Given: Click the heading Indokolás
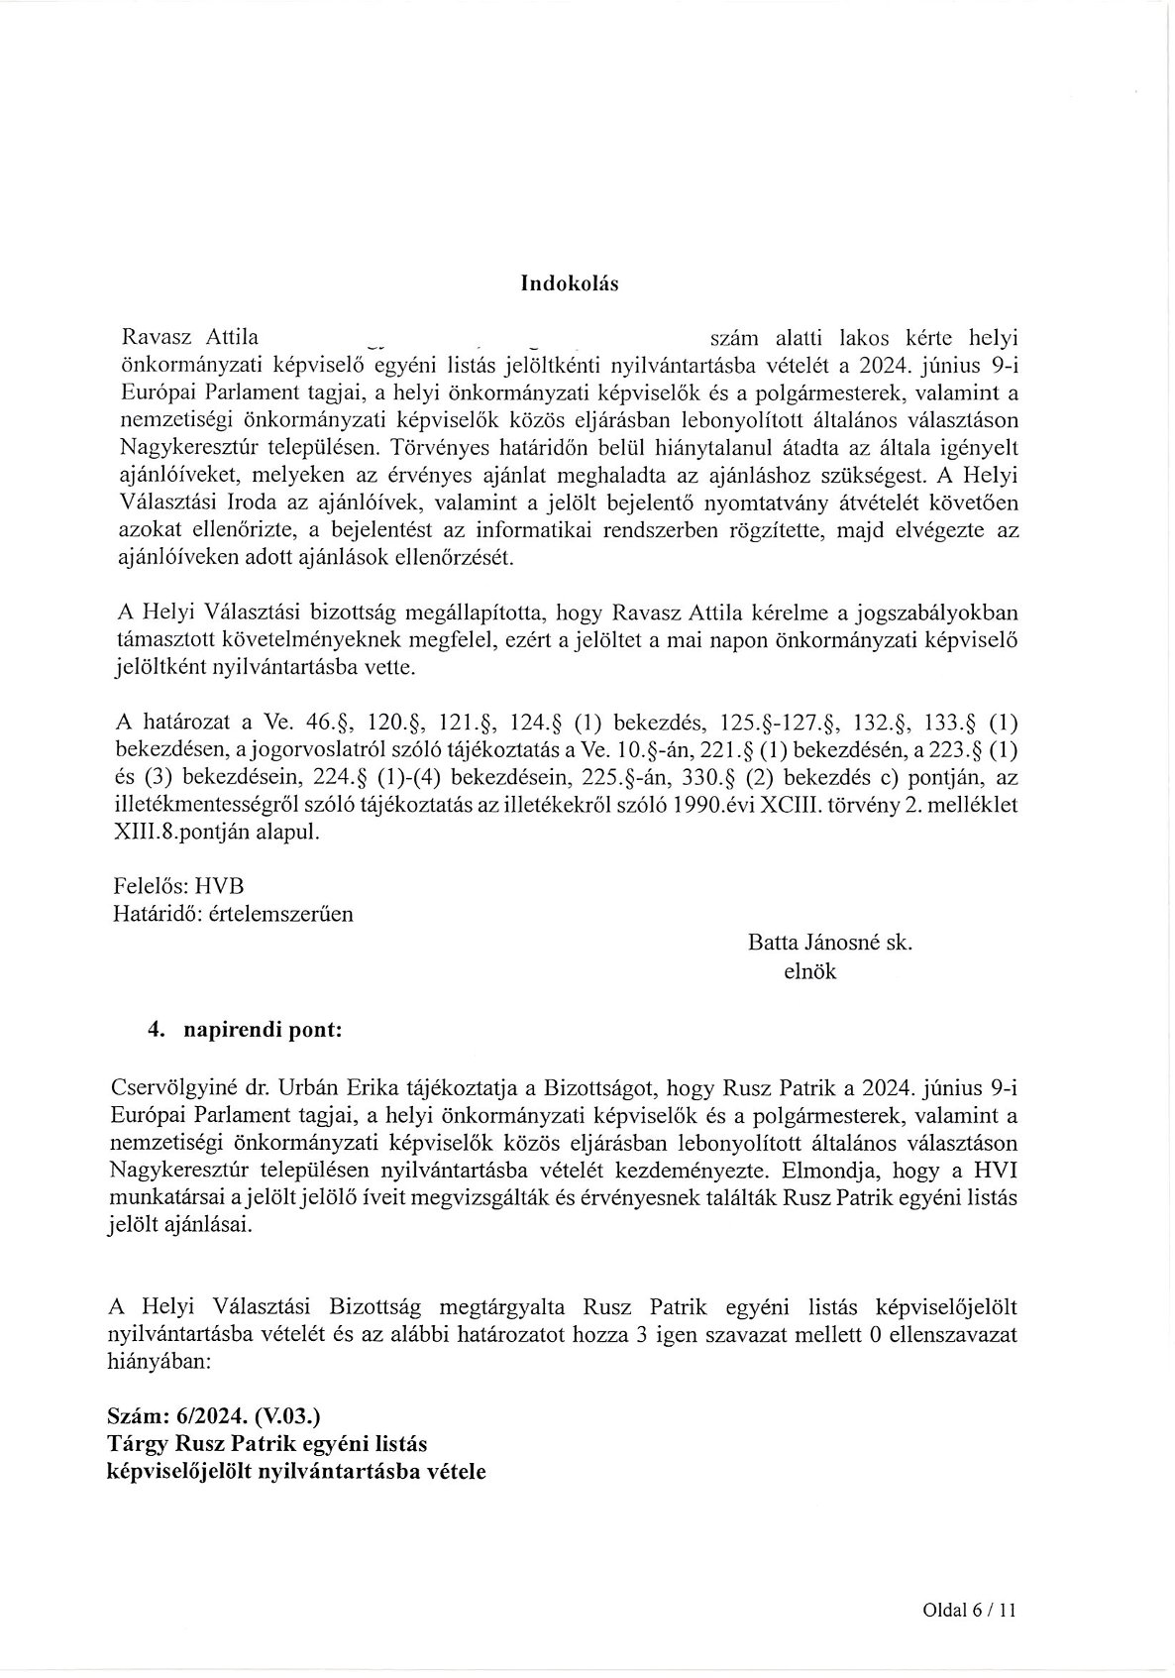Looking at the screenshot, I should pos(569,284).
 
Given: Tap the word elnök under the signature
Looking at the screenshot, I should pos(809,971).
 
